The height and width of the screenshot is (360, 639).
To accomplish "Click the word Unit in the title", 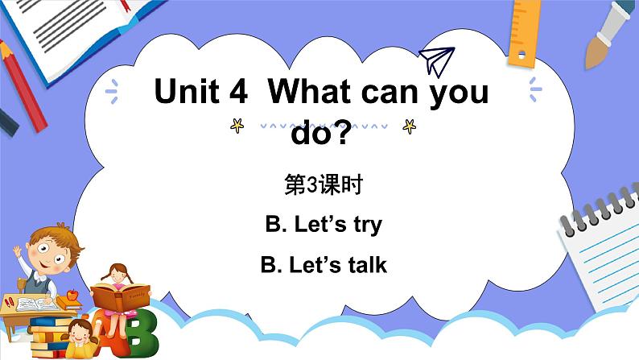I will [186, 93].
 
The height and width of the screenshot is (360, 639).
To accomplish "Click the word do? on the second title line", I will [321, 134].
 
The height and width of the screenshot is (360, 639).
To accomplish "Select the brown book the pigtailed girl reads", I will [118, 300].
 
